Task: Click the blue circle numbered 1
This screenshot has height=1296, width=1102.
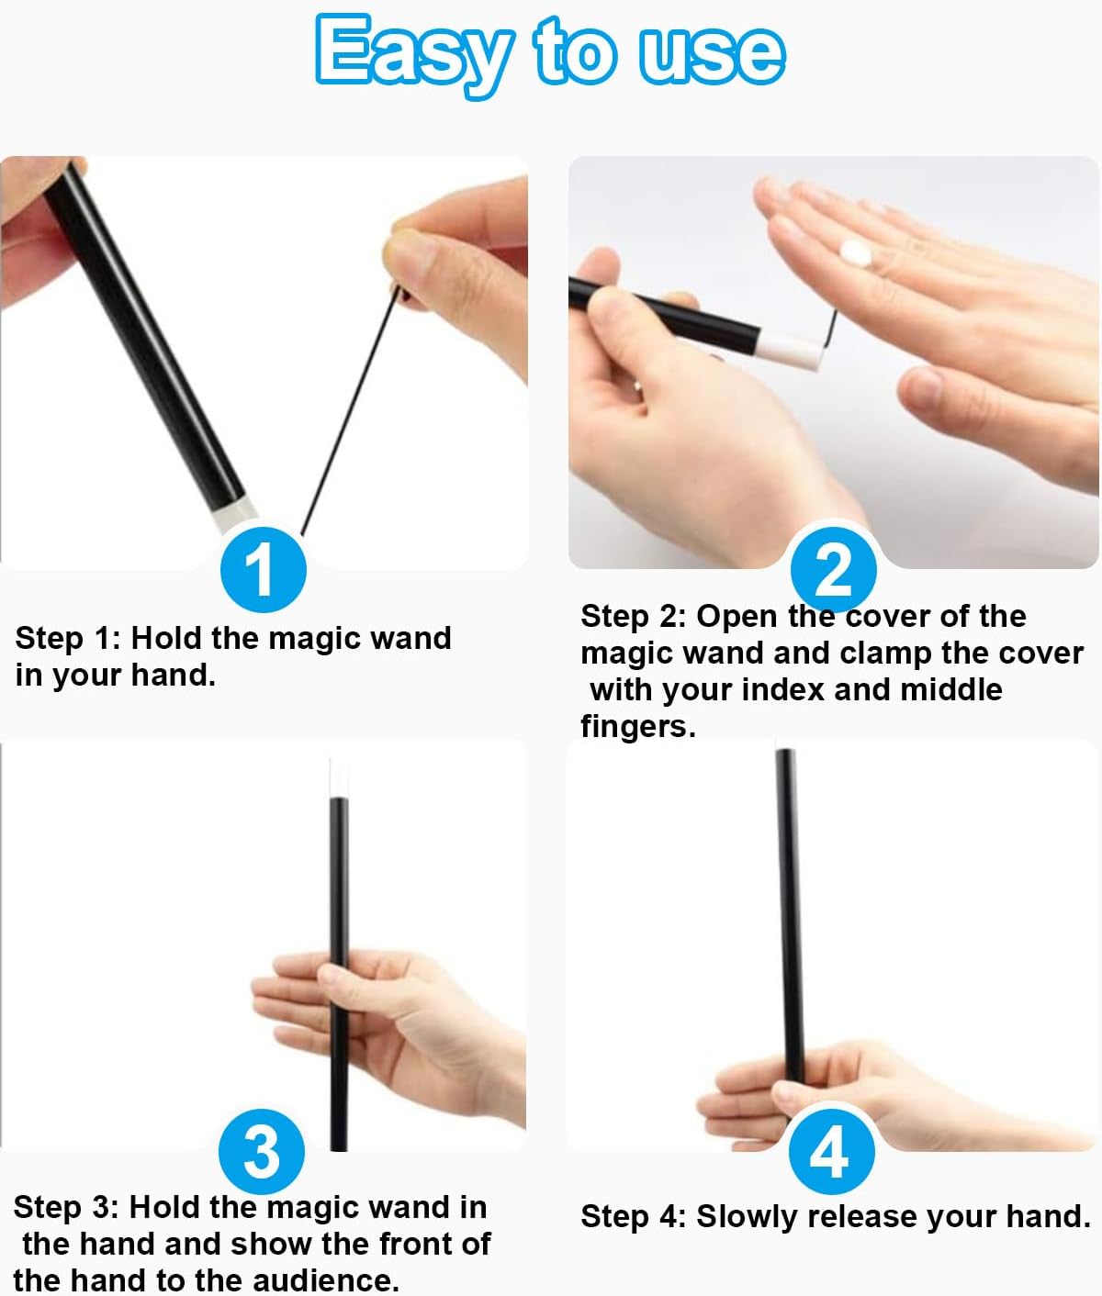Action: [x=264, y=569]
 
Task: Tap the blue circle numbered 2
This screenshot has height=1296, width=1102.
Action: [x=833, y=569]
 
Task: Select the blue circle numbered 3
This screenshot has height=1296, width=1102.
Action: [x=262, y=1151]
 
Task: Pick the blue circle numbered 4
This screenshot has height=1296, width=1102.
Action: [x=832, y=1151]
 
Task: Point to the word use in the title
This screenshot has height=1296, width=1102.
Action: [x=712, y=55]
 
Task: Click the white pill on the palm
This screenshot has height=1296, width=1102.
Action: [x=856, y=254]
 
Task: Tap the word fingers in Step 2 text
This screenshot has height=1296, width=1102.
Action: [x=638, y=727]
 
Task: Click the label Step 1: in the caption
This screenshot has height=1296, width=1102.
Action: [x=68, y=638]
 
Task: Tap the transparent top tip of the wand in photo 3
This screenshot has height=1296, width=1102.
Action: [x=339, y=777]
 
